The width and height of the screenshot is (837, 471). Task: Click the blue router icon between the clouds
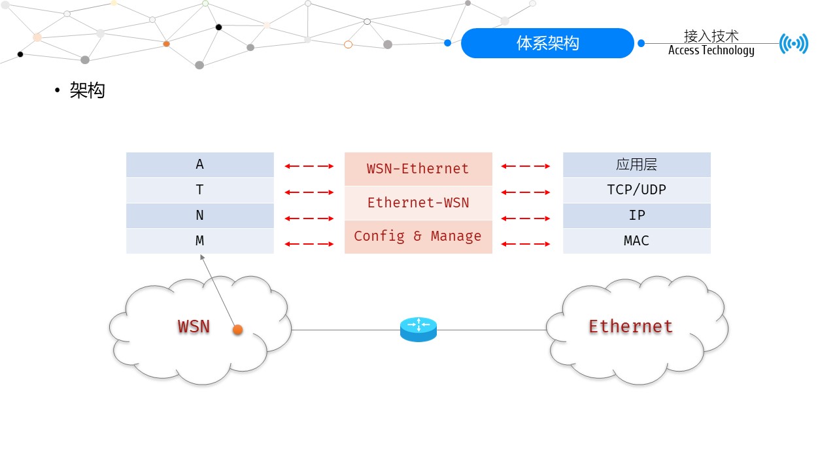pos(418,329)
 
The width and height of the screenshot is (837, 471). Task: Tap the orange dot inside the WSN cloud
pos(238,330)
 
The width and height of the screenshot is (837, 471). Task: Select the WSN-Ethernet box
pos(418,169)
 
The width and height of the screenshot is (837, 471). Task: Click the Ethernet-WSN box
pos(418,203)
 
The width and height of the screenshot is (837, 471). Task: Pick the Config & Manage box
pos(418,237)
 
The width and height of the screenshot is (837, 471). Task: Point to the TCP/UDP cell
pos(636,190)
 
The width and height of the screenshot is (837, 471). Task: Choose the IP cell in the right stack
pos(636,216)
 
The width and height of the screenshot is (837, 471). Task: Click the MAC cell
pos(636,241)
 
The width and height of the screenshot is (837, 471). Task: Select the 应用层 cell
pos(636,165)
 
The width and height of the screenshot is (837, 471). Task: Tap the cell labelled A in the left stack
pos(199,165)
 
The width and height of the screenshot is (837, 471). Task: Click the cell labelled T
pos(199,190)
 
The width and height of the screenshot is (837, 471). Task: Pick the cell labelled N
pos(199,216)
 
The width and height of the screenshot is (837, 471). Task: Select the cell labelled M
pos(199,241)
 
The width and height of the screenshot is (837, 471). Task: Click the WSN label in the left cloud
pos(194,326)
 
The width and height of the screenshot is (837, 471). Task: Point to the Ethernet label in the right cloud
pos(630,326)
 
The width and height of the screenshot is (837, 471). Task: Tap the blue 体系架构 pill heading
pos(547,43)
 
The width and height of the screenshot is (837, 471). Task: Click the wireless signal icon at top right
pos(794,44)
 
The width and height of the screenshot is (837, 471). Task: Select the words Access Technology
pos(711,51)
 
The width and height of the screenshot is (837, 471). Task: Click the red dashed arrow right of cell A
pos(309,166)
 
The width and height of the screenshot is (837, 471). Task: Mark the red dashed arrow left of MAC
pos(526,244)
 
